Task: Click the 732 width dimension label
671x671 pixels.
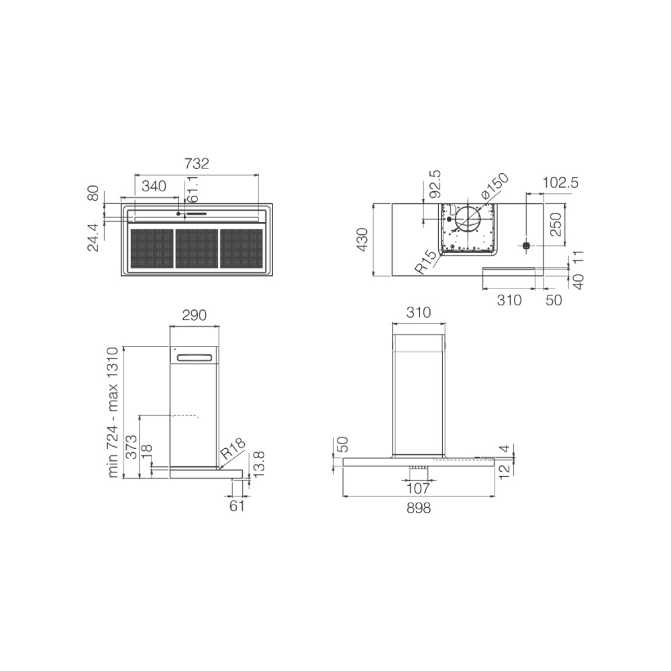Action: [197, 163]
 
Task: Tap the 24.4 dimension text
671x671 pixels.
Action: [93, 238]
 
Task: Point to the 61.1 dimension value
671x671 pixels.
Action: [193, 190]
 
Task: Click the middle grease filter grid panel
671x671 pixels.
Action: [197, 248]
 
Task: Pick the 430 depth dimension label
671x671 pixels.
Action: [362, 240]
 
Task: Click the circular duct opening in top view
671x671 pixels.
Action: [468, 219]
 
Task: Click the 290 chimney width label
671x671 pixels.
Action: [194, 315]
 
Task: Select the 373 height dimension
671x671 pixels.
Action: [131, 447]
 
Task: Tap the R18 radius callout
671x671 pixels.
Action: [234, 449]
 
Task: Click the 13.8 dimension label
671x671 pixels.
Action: [259, 464]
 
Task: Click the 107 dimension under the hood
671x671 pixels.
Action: [419, 488]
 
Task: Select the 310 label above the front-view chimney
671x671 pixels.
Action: [418, 313]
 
